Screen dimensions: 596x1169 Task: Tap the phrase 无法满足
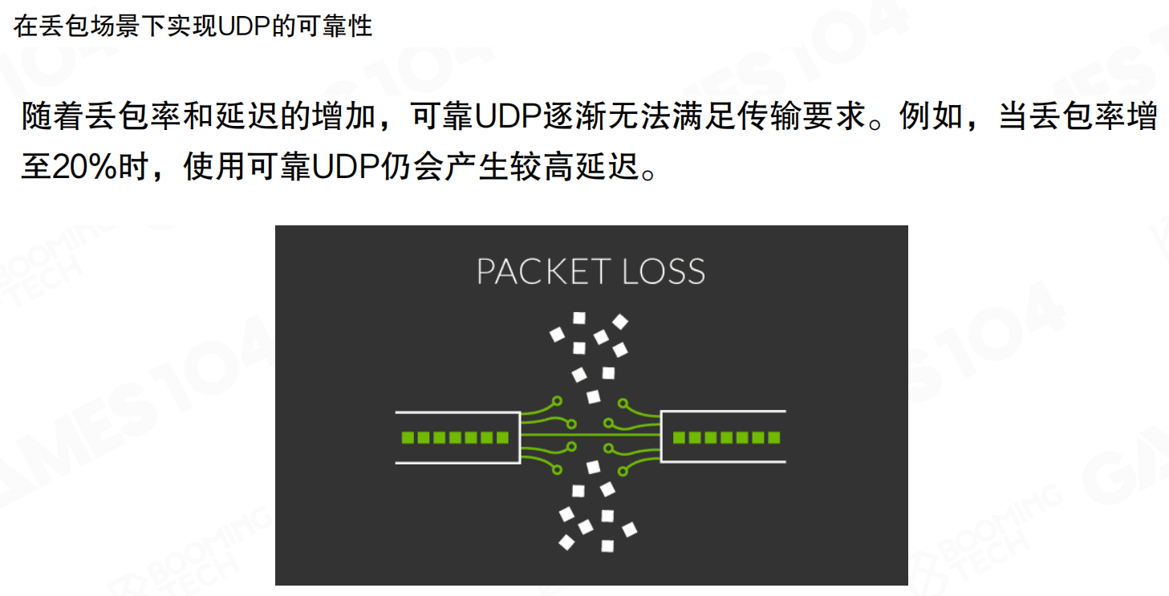[671, 117]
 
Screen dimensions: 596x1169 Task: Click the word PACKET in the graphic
[534, 272]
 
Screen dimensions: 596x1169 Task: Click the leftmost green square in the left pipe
[407, 438]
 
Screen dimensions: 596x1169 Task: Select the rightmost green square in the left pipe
[503, 438]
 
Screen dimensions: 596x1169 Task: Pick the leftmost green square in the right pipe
[678, 438]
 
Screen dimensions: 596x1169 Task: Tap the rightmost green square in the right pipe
[774, 438]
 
